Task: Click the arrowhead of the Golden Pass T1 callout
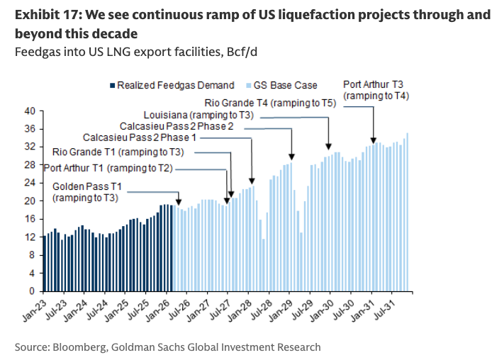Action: coord(178,200)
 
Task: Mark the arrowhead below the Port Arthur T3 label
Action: coord(374,142)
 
